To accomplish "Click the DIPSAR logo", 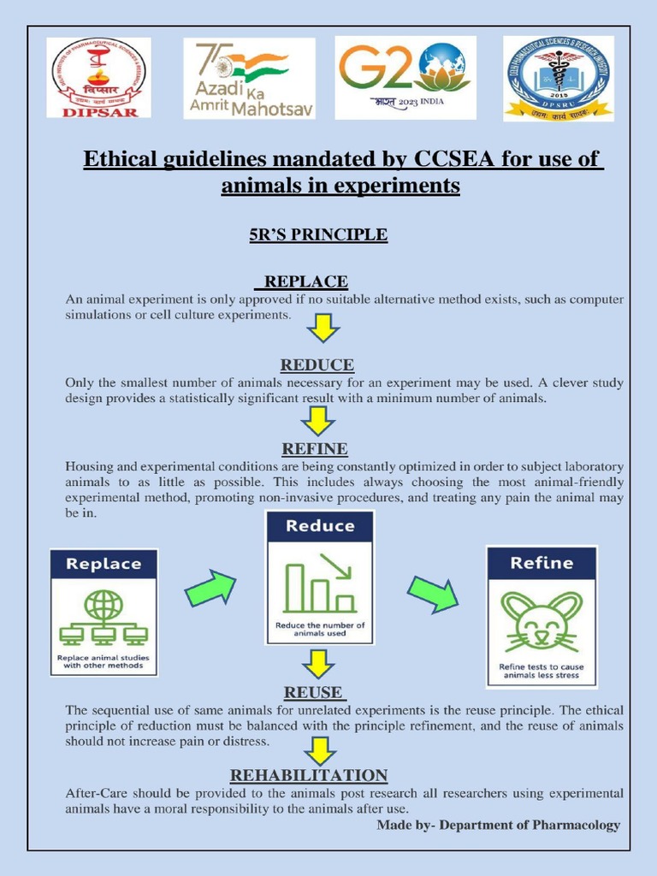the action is [x=99, y=77].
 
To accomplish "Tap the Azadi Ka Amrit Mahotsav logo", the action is [x=249, y=78].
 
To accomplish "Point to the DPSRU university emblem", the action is [x=558, y=78].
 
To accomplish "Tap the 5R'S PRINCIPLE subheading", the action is [x=318, y=234].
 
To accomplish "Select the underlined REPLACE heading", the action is [x=305, y=281].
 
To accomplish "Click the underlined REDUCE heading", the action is [x=317, y=365].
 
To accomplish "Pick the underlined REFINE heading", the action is [x=315, y=448].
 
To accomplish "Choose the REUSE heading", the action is [x=312, y=692].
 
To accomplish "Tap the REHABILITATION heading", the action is [x=309, y=775].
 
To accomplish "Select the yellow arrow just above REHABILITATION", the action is [x=319, y=749].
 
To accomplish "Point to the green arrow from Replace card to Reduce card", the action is [x=210, y=589].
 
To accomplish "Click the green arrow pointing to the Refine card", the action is [x=432, y=593].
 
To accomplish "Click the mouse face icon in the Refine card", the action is [x=541, y=621].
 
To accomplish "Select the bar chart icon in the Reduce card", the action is [x=320, y=583].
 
